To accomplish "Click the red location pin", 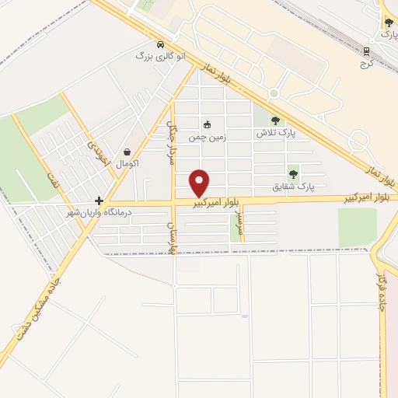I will tap(201, 183).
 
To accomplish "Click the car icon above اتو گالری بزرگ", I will tap(160, 44).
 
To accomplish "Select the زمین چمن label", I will tap(208, 136).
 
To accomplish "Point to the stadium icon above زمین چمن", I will tap(207, 124).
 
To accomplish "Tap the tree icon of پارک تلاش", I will tap(275, 120).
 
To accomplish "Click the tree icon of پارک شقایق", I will tap(293, 174).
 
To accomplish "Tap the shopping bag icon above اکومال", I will tap(127, 152).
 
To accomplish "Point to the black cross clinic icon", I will tap(99, 201).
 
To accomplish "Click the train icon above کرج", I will tap(367, 51).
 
